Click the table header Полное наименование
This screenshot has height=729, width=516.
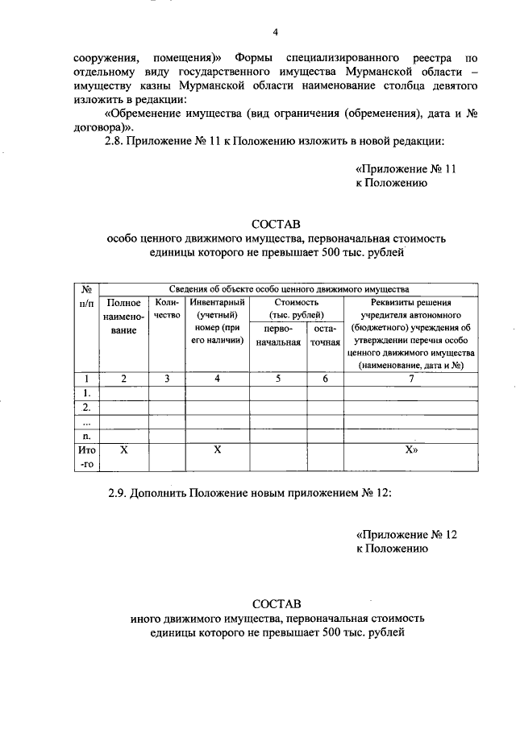click(x=124, y=317)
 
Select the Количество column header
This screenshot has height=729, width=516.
click(x=167, y=309)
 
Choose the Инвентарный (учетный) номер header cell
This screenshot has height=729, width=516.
click(x=217, y=322)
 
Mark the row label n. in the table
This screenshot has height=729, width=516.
click(x=86, y=436)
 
